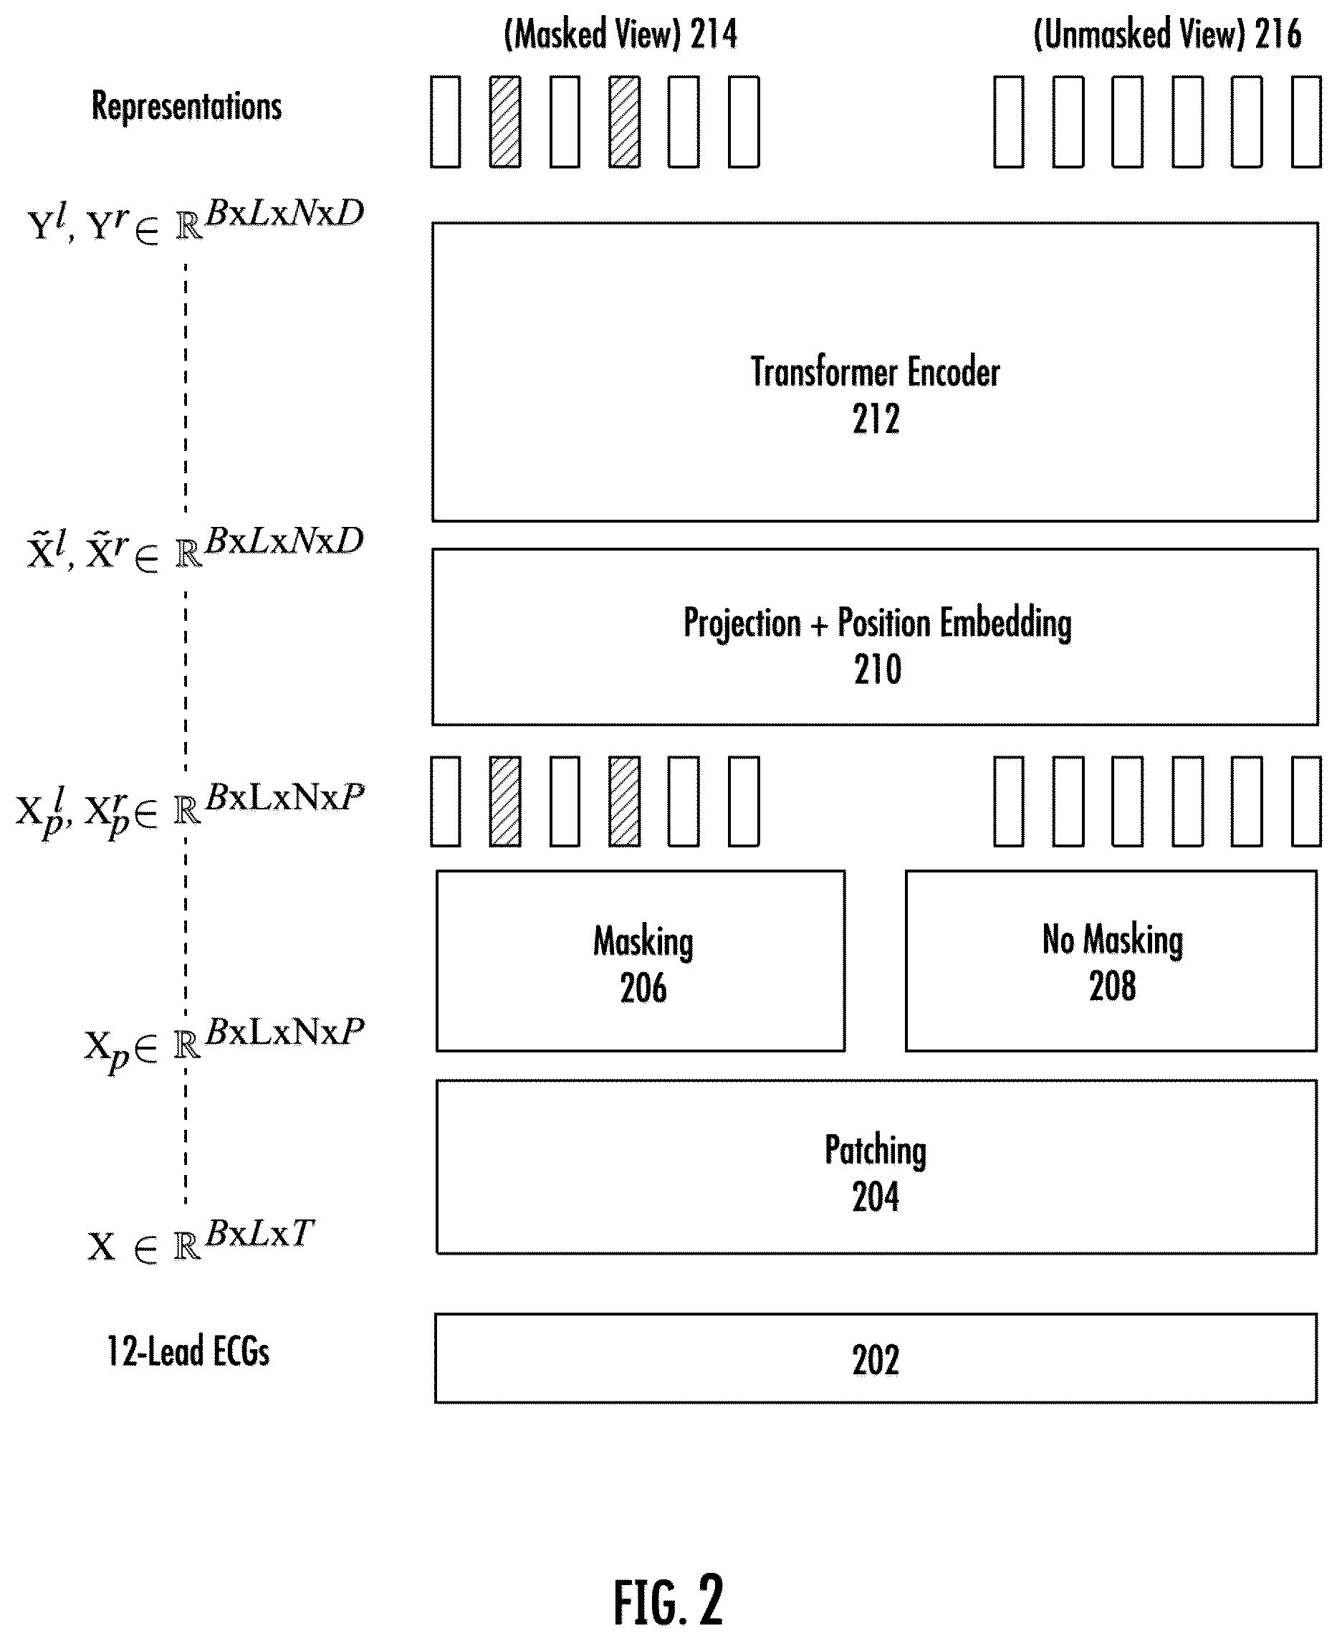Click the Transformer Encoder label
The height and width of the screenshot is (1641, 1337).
point(875,372)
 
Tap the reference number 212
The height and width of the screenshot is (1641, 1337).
point(876,419)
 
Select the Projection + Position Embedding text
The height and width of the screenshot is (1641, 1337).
point(877,623)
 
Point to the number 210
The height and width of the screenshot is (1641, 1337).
point(877,670)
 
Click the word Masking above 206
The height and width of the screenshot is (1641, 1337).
point(643,941)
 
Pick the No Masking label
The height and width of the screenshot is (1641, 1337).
point(1112,940)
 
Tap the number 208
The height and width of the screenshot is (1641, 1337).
point(1112,986)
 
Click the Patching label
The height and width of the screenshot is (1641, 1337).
point(876,1151)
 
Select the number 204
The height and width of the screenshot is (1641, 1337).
point(876,1197)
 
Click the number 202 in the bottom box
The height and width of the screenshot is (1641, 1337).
point(876,1361)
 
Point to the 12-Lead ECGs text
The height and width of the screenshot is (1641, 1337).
point(188,1352)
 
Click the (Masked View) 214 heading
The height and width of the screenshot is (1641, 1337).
point(620,34)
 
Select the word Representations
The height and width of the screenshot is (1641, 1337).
point(186,105)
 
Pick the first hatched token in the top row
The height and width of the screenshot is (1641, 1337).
point(505,122)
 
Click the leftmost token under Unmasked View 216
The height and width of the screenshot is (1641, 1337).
point(1009,122)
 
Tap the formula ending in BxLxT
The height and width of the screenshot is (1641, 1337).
point(200,1241)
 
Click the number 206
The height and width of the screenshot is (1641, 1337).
point(643,988)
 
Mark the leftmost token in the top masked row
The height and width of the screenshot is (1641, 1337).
point(445,122)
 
